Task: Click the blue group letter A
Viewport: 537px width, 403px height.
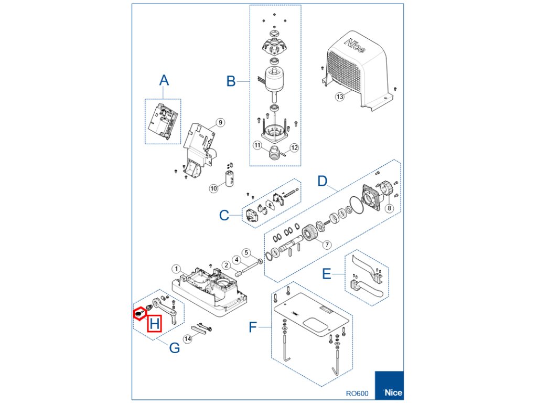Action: click(x=164, y=80)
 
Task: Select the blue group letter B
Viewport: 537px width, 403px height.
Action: click(x=231, y=81)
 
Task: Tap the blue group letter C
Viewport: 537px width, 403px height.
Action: click(x=224, y=215)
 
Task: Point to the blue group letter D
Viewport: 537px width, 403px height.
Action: click(x=323, y=182)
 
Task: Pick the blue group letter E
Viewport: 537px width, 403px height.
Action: click(x=326, y=274)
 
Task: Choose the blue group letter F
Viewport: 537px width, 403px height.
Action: click(x=253, y=328)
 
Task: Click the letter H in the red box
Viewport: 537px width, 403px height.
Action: click(x=154, y=324)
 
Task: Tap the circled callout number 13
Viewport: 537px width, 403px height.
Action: click(x=340, y=97)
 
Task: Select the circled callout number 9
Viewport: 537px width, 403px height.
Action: click(x=220, y=122)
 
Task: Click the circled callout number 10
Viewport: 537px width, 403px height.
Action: click(x=213, y=188)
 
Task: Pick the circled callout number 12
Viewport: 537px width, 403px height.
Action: click(x=294, y=148)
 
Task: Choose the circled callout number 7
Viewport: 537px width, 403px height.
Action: click(x=327, y=245)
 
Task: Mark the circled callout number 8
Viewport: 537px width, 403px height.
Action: click(x=389, y=208)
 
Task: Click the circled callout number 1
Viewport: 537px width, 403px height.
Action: click(x=177, y=269)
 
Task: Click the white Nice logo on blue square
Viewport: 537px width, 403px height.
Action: click(x=393, y=393)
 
